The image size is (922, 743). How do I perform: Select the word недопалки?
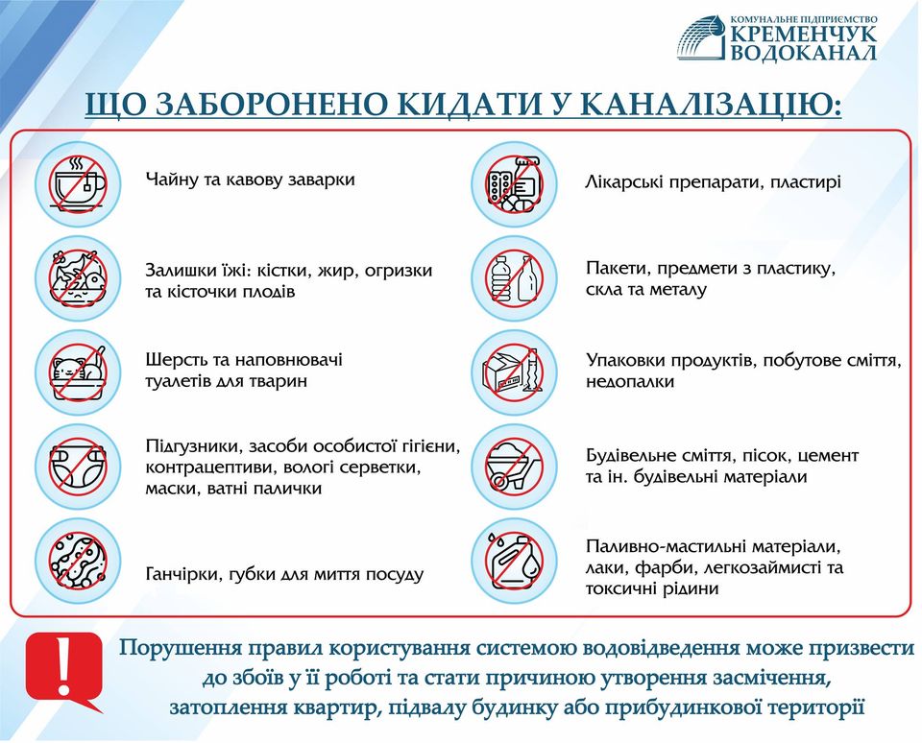click(x=630, y=382)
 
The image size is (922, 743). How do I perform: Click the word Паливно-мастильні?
click(x=663, y=547)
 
